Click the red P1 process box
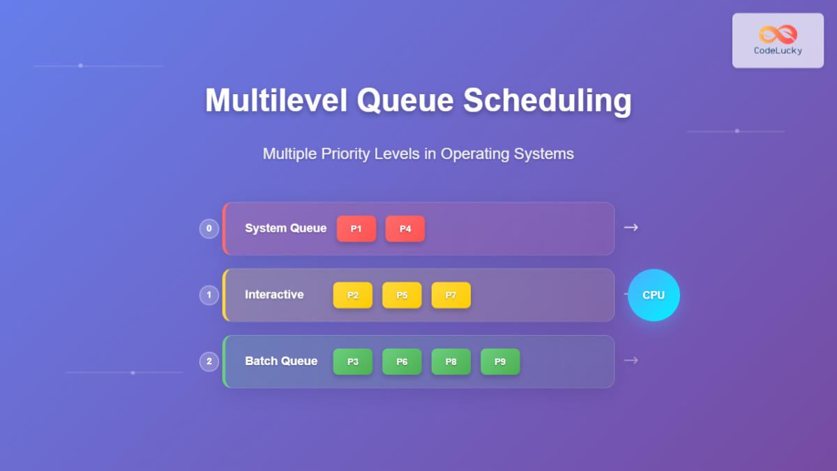[x=356, y=229]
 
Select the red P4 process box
[x=405, y=229]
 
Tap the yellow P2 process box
[x=353, y=295]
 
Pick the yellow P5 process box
[x=402, y=295]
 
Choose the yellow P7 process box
[x=451, y=295]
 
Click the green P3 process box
[x=353, y=361]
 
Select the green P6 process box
[x=402, y=361]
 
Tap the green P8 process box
[x=451, y=361]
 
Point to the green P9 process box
[x=500, y=361]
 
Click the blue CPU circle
[x=654, y=295]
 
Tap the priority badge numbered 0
[x=209, y=229]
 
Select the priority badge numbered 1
[x=209, y=295]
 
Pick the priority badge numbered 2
[x=209, y=361]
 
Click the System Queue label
[x=285, y=228]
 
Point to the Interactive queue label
[x=274, y=294]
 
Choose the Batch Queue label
[x=281, y=361]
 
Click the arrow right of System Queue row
[x=631, y=227]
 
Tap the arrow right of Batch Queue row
[x=631, y=360]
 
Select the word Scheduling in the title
[x=548, y=100]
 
